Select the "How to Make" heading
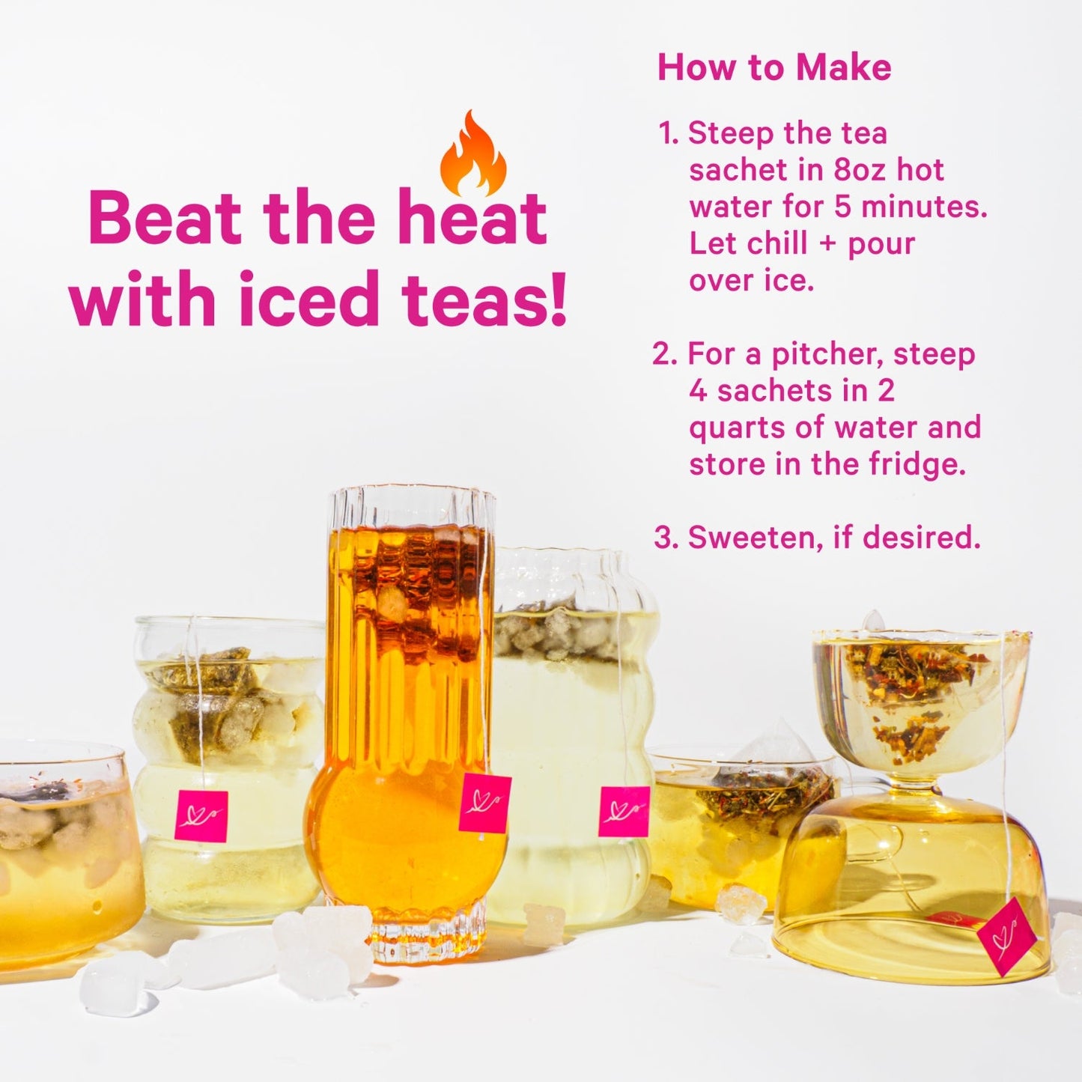(x=774, y=67)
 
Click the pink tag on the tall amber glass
(x=484, y=803)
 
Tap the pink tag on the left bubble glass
(x=201, y=815)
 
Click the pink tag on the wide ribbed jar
(x=624, y=811)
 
